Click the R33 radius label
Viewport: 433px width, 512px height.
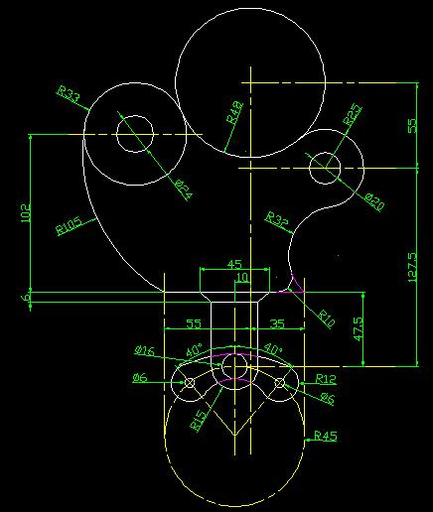(x=69, y=93)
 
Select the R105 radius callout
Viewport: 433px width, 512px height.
(x=70, y=225)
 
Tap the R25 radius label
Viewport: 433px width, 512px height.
(x=353, y=114)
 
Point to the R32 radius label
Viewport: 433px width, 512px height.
(x=277, y=219)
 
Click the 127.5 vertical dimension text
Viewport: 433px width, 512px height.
(x=412, y=267)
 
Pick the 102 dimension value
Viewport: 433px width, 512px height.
(x=26, y=212)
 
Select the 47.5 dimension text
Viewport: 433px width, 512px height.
(x=358, y=329)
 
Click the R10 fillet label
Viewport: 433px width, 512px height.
(x=327, y=319)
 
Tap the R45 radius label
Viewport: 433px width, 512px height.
(x=326, y=436)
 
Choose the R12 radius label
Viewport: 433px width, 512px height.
(x=326, y=379)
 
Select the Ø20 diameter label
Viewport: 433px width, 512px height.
(x=374, y=202)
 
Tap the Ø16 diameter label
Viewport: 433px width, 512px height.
(x=144, y=350)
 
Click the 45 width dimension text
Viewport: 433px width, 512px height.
(x=234, y=264)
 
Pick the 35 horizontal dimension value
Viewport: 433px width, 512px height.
(x=277, y=323)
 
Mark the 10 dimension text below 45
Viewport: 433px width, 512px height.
(x=242, y=277)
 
